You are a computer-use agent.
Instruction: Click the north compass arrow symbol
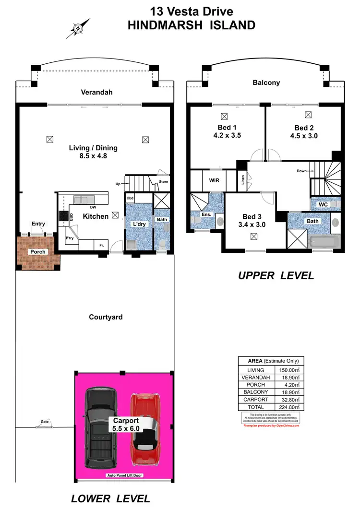[78, 28]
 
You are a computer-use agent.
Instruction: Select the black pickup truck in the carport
[101, 428]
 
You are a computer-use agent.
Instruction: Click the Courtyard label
[106, 317]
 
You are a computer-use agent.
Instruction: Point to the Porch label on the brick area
[38, 252]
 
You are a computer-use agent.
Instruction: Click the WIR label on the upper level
[214, 181]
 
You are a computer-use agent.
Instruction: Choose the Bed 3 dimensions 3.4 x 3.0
[252, 224]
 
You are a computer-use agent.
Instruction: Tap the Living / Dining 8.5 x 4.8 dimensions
[93, 156]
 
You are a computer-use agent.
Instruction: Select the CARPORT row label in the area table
[256, 399]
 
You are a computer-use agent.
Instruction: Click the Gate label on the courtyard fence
[45, 422]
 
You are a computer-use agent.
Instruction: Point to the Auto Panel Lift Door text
[124, 476]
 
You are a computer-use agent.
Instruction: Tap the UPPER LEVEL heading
[276, 276]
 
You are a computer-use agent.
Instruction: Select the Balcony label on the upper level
[266, 83]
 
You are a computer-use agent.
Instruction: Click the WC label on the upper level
[323, 205]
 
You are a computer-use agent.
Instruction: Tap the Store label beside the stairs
[163, 182]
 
